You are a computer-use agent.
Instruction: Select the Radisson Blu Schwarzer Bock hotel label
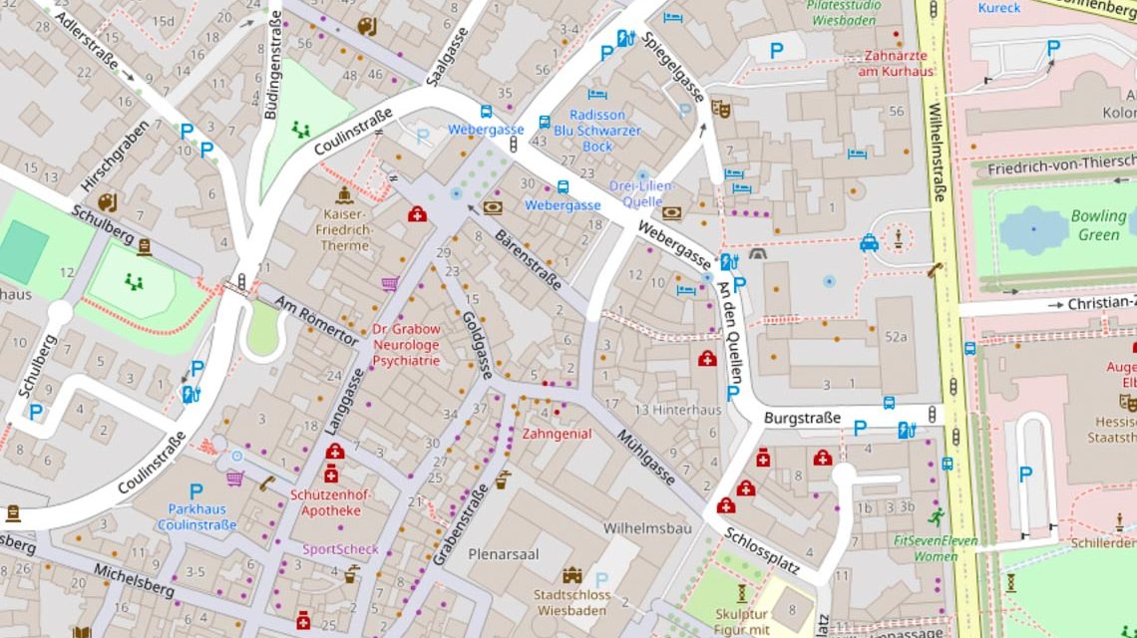tap(597, 131)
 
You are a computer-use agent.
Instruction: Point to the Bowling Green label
tap(1098, 225)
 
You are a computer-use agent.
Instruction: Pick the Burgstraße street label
tap(802, 418)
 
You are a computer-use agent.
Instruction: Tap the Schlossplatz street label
tap(762, 551)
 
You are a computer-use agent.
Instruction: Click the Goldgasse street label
tap(477, 345)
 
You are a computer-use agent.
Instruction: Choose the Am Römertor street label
tap(316, 322)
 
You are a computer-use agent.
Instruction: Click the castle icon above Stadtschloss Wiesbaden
tap(571, 575)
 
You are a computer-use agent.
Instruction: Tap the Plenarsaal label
tap(504, 553)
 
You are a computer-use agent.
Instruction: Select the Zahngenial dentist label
tap(557, 434)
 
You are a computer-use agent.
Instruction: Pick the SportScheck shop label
tap(341, 549)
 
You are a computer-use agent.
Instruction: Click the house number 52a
tap(896, 337)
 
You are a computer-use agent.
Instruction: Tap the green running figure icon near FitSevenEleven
tap(935, 516)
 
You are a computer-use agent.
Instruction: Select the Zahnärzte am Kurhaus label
tap(899, 63)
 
